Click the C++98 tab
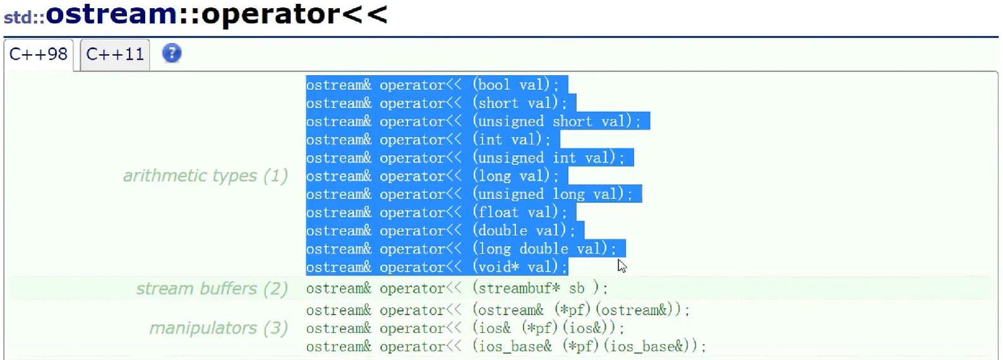pos(39,54)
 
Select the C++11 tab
pos(115,54)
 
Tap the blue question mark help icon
pos(172,53)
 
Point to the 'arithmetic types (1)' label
pos(205,176)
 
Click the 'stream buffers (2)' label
pos(212,289)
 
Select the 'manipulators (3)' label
pos(219,328)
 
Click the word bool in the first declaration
pos(494,85)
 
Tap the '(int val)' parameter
pos(511,140)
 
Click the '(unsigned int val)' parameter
pos(548,158)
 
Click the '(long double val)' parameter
pos(544,249)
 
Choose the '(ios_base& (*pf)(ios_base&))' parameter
pos(589,347)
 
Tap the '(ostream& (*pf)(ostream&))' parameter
pos(580,310)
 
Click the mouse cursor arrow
pos(622,265)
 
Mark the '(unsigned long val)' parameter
pos(552,195)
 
